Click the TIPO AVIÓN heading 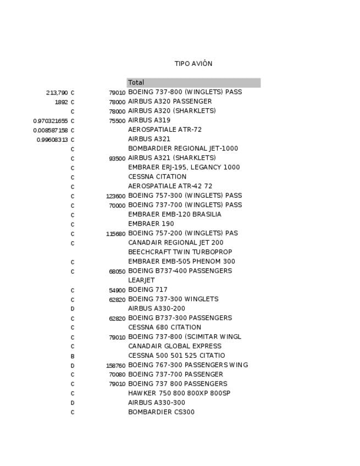[193, 64]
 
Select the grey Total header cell [193, 83]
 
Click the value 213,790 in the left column [57, 93]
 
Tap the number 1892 [61, 102]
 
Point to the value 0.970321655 [51, 121]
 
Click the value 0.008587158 [51, 130]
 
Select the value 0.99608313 [52, 140]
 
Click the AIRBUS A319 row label [149, 120]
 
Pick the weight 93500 [117, 159]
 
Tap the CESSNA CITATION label [157, 177]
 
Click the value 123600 [115, 196]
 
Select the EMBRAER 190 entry [151, 224]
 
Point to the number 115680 [115, 234]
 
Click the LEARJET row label [141, 280]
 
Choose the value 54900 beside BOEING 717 [117, 290]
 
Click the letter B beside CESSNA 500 [73, 356]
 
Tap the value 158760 [115, 365]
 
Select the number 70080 [117, 375]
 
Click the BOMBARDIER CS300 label [161, 412]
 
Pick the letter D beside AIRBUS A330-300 [73, 403]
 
